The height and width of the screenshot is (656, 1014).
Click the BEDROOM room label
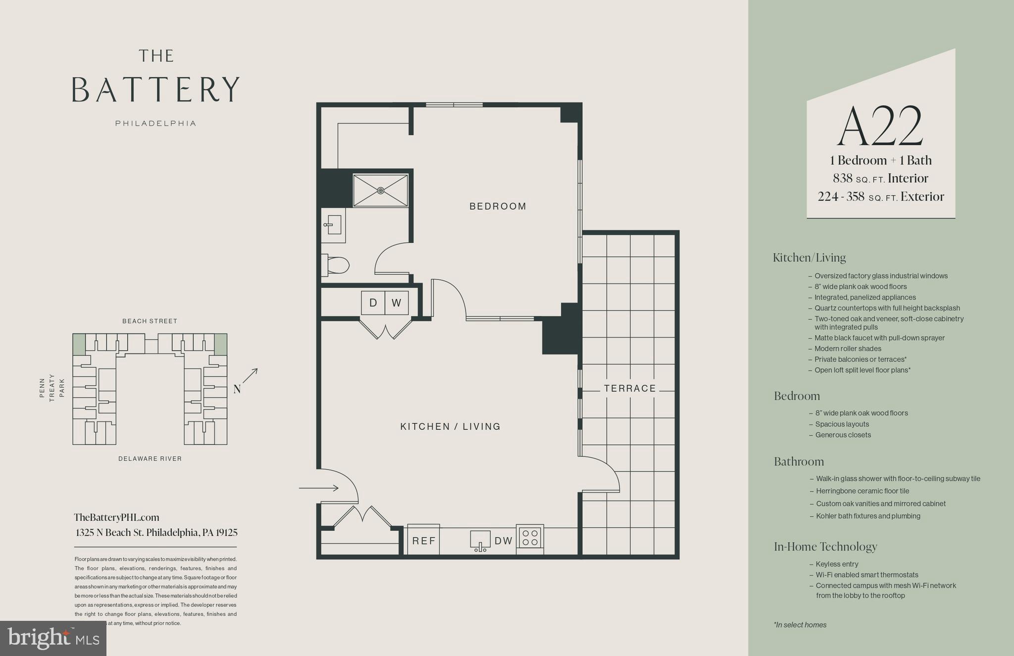(x=498, y=206)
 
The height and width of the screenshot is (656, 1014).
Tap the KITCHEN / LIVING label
(x=450, y=426)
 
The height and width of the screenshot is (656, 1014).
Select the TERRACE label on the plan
(x=630, y=389)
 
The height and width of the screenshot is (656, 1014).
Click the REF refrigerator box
(x=423, y=540)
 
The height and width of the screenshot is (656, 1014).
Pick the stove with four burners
(x=530, y=538)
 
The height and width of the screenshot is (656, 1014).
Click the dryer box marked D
(x=373, y=303)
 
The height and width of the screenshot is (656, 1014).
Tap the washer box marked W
(x=397, y=303)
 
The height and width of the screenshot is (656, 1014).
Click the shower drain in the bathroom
(x=380, y=190)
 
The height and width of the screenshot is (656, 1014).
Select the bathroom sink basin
(x=334, y=225)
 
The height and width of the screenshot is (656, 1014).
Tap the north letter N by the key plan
(x=237, y=390)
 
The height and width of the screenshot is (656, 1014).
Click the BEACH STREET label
(x=150, y=321)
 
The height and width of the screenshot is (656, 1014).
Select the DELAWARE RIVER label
(x=150, y=459)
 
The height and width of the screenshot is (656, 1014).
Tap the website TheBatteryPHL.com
(x=116, y=517)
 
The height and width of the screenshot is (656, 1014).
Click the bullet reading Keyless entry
(x=837, y=564)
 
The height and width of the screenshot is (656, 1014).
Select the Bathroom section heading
(x=799, y=461)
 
